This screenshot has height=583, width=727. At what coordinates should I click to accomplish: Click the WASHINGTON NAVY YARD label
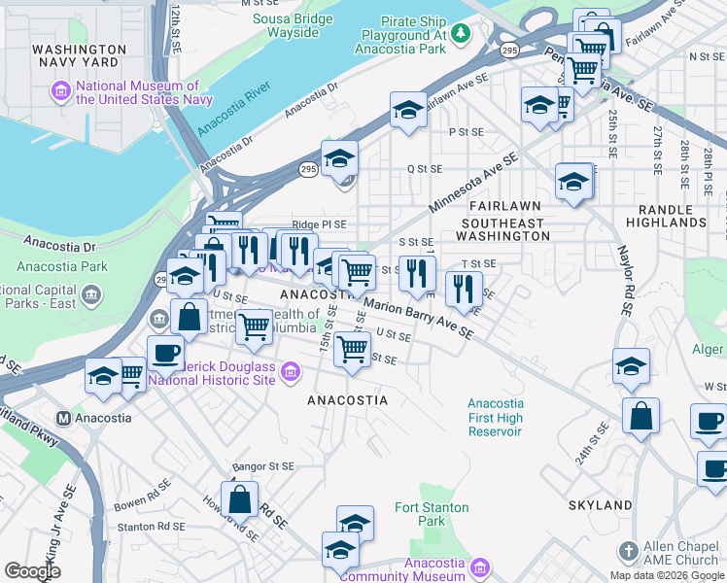79,56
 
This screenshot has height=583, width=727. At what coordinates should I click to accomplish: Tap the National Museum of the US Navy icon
61,92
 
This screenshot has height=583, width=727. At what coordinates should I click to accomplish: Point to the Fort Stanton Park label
432,514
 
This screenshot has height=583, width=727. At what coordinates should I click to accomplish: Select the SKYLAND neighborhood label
600,505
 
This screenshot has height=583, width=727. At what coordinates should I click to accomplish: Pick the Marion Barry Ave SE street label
418,319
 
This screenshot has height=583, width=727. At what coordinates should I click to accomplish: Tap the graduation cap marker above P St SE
409,110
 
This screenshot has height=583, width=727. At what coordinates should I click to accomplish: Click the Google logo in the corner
31,571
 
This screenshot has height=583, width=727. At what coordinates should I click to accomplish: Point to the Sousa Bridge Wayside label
286,25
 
